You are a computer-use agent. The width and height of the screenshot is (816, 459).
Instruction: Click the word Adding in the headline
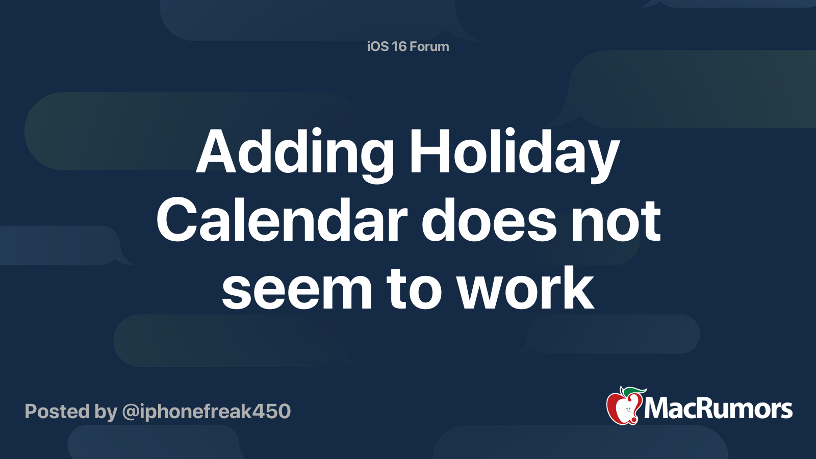pyautogui.click(x=294, y=153)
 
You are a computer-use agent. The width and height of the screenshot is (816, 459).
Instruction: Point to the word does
pyautogui.click(x=489, y=221)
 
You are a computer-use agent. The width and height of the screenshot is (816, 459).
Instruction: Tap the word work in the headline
pyautogui.click(x=525, y=290)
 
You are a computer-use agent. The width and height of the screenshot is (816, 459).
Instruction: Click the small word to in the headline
pyautogui.click(x=414, y=290)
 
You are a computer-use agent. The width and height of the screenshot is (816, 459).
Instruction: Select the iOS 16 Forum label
pyautogui.click(x=408, y=46)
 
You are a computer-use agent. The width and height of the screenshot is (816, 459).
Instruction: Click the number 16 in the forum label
pyautogui.click(x=399, y=46)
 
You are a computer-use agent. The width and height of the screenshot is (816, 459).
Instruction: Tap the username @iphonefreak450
pyautogui.click(x=206, y=411)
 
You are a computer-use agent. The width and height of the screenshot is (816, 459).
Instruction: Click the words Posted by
pyautogui.click(x=71, y=411)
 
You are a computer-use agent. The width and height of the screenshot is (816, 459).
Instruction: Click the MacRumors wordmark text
pyautogui.click(x=718, y=409)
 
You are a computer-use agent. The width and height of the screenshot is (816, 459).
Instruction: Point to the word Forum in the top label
pyautogui.click(x=429, y=46)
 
